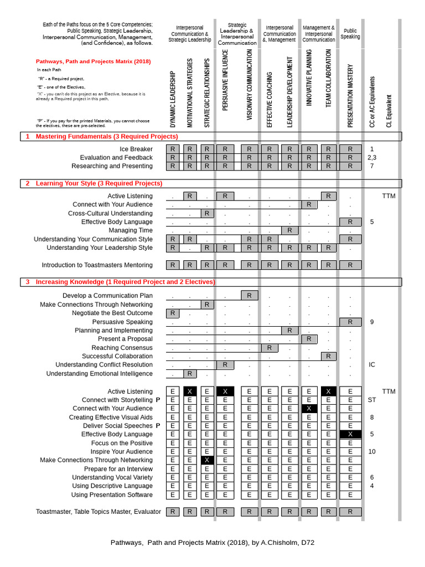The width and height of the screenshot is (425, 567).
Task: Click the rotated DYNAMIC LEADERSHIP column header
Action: (173, 99)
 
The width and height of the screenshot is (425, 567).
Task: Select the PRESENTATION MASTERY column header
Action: (350, 95)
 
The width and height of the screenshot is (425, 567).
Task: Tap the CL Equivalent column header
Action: (389, 111)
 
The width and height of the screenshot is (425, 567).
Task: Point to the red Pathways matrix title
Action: (93, 61)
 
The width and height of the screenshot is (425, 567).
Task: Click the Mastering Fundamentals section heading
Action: (107, 136)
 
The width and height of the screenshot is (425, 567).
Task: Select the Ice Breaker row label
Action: (136, 149)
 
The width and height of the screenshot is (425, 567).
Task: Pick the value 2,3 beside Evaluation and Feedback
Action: (372, 158)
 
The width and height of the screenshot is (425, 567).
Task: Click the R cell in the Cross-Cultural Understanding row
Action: (206, 213)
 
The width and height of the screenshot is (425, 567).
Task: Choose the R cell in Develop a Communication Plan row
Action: (249, 296)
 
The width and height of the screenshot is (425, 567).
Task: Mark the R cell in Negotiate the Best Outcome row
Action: (173, 313)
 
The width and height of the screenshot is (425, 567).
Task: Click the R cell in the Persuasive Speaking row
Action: (350, 322)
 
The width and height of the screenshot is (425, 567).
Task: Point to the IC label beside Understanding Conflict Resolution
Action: (372, 365)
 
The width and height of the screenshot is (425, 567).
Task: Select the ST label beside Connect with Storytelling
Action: (372, 400)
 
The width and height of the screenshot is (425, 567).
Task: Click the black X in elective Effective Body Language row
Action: (350, 435)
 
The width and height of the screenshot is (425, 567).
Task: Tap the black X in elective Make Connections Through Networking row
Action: (206, 460)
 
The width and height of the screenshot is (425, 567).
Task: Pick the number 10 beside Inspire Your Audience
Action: (372, 451)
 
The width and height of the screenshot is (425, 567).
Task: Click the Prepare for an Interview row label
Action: (118, 469)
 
